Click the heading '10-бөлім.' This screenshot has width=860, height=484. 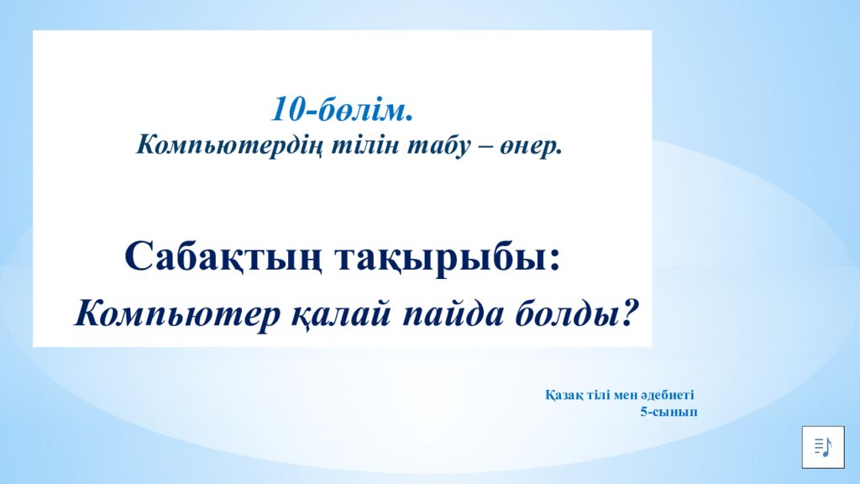click(342, 109)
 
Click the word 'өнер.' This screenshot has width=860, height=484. click(531, 145)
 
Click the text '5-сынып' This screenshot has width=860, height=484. click(669, 412)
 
